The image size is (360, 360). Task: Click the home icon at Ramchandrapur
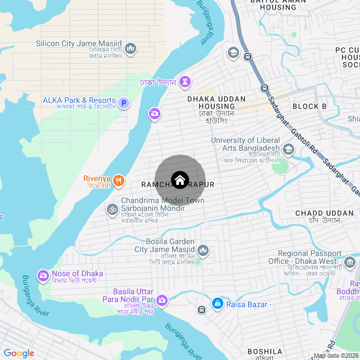(179, 180)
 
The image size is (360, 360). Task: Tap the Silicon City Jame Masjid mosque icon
(130, 49)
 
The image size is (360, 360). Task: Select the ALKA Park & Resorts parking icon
(124, 103)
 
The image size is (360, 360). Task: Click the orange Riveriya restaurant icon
(118, 181)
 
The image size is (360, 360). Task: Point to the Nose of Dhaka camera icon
(43, 276)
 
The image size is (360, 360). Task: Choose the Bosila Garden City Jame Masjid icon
(202, 250)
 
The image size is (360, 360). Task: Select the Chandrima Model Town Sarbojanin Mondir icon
(112, 209)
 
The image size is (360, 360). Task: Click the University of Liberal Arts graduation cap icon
(289, 150)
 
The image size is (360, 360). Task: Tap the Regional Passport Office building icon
(350, 262)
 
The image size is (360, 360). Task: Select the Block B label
(309, 106)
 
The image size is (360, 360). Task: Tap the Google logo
(19, 353)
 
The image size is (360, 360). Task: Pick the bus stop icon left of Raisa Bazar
(201, 309)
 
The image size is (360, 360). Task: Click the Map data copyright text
(336, 355)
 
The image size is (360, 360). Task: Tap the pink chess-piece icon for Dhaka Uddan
(185, 83)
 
